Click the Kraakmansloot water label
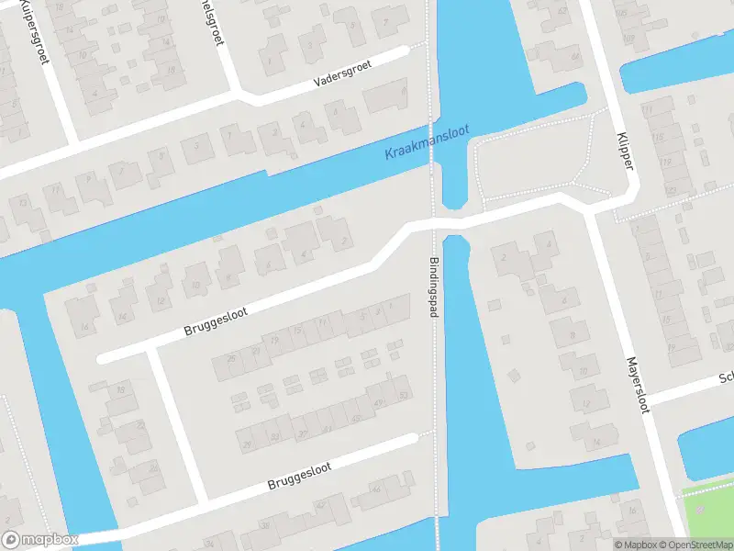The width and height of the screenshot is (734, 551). point(428,141)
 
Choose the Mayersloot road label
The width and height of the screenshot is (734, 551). point(638,385)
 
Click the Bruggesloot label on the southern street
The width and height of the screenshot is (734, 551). point(298,476)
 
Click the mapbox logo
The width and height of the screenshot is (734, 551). point(40,540)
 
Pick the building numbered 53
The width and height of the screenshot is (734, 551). point(404,396)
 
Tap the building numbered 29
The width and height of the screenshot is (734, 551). point(246,444)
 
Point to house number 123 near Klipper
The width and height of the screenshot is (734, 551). point(670,191)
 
